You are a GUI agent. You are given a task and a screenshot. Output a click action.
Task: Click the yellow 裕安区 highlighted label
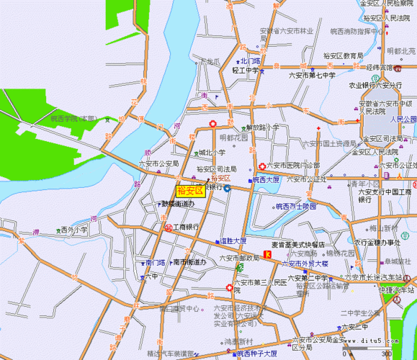190,191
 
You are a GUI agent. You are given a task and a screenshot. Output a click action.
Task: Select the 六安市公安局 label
158,163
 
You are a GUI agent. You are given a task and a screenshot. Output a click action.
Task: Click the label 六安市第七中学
313,76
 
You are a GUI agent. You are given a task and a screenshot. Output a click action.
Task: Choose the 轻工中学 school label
245,71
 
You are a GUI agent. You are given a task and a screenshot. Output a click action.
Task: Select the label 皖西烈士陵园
296,206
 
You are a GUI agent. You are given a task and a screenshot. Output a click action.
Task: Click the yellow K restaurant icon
268,254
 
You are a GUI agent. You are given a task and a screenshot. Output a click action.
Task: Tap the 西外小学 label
73,230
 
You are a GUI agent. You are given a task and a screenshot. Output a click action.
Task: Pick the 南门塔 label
155,263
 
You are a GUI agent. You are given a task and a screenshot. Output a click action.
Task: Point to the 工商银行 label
186,227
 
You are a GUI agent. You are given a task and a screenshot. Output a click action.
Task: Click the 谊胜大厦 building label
233,240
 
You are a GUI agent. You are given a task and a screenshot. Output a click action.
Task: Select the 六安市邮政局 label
240,258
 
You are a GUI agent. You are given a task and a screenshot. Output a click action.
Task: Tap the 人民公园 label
403,119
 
